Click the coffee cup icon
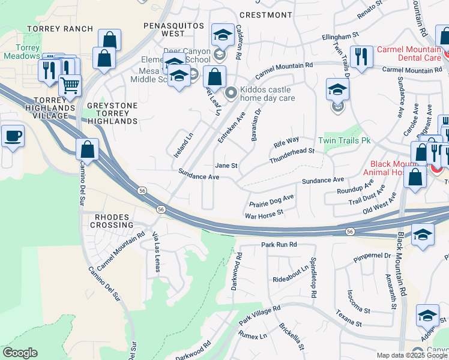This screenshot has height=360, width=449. click(13, 137)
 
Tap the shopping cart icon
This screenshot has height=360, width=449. click(70, 86)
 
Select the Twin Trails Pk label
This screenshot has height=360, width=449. click(345, 140)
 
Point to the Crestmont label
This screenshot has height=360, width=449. click(261, 14)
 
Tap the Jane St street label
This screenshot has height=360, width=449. click(226, 166)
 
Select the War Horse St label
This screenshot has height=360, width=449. click(264, 214)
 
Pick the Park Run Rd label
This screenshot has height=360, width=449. click(279, 245)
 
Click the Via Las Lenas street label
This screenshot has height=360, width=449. click(157, 252)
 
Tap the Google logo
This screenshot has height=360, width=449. click(19, 353)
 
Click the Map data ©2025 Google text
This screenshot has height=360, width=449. click(412, 355)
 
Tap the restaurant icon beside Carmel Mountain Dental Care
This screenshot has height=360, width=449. click(360, 57)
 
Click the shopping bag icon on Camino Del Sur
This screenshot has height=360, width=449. click(88, 149)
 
